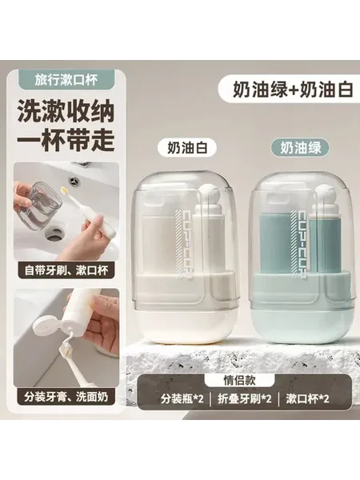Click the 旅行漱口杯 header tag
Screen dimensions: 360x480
coord(66,80)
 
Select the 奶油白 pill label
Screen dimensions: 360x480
coord(187,148)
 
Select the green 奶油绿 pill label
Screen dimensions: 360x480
coord(300,148)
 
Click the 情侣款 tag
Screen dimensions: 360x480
coord(239,381)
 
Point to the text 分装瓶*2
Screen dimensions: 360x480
coord(182,399)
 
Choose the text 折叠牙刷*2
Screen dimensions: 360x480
coord(245,399)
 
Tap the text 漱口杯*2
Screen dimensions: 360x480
coord(307,399)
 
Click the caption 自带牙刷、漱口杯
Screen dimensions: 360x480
coord(66,270)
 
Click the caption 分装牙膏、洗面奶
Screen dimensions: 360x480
coord(66,397)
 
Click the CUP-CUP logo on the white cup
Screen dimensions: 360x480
coord(182,243)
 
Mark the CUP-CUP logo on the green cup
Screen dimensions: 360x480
coord(298,243)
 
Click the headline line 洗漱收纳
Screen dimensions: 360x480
coord(66,112)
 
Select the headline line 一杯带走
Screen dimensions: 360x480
coord(66,140)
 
